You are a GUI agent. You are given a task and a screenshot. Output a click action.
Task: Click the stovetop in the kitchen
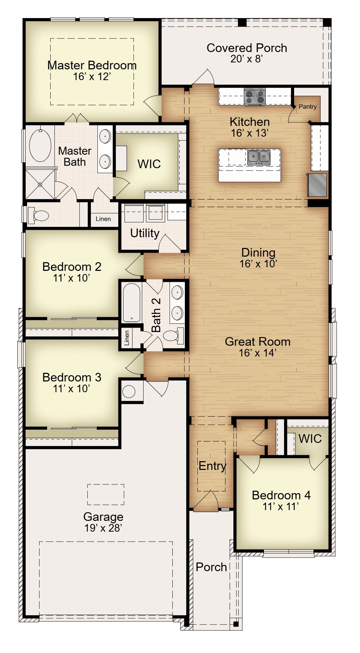[255, 97]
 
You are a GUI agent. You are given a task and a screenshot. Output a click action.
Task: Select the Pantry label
[308, 107]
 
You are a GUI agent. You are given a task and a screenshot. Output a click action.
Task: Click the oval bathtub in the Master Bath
[40, 145]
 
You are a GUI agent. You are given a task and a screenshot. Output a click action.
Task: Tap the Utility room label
[145, 233]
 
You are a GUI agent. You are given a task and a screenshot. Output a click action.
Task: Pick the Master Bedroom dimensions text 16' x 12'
[92, 77]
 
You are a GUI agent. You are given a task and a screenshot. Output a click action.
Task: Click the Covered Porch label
[247, 48]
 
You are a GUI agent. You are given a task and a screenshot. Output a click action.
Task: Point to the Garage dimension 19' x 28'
[103, 528]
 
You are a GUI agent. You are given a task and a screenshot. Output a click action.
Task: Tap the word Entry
[212, 466]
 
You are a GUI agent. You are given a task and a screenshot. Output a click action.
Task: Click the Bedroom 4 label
[281, 495]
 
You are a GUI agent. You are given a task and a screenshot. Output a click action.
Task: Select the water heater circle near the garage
[129, 392]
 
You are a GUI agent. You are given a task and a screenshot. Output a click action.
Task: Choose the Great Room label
[258, 342]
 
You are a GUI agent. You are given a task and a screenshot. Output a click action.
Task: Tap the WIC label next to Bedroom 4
[310, 439]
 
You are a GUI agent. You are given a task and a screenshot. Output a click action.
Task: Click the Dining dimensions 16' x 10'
[258, 264]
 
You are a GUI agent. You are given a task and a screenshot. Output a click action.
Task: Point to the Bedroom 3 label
[72, 377]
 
